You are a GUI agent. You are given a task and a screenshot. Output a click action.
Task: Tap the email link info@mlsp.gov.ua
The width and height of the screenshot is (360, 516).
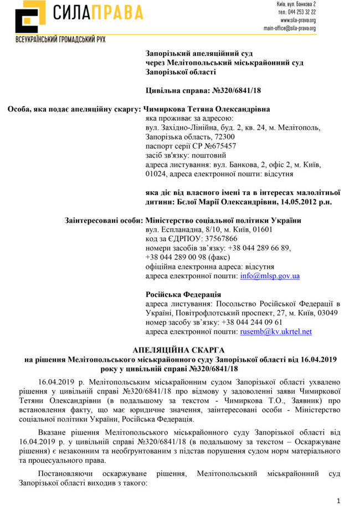(x=270, y=275)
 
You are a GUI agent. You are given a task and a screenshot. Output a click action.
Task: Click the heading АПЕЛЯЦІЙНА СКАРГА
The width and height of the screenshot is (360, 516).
(x=179, y=351)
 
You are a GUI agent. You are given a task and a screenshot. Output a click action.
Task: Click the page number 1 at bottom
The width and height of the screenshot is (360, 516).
(x=338, y=501)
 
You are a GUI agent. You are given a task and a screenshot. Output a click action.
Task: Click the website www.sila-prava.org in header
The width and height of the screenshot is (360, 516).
(x=297, y=20)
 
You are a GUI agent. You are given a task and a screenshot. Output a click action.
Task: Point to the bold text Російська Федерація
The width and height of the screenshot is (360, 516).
(x=183, y=294)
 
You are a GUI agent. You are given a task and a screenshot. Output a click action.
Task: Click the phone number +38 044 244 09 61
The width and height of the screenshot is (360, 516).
(x=251, y=322)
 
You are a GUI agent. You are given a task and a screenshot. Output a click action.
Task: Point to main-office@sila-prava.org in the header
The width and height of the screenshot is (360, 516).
(x=290, y=28)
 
